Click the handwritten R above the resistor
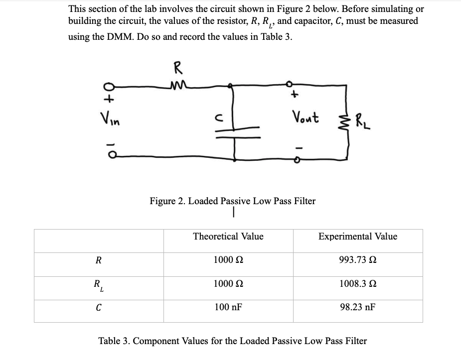click(x=177, y=68)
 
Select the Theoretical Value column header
click(x=228, y=237)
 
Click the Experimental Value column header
click(x=358, y=237)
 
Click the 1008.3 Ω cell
click(x=358, y=284)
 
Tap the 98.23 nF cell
click(x=358, y=307)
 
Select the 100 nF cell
click(x=228, y=307)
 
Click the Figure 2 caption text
click(x=232, y=201)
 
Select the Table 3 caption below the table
click(x=232, y=341)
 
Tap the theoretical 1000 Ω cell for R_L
click(x=228, y=284)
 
